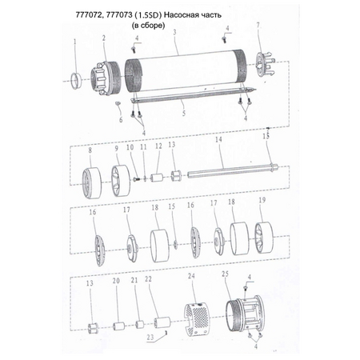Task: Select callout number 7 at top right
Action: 258,25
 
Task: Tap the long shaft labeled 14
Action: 233,170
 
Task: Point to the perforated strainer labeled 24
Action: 196,318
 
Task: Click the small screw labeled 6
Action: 118,102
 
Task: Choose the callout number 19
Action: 262,200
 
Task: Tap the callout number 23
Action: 150,337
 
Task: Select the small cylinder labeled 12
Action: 157,178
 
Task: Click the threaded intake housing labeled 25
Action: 243,314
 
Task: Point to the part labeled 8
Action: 91,183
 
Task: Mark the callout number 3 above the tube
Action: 175,33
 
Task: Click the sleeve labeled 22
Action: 162,322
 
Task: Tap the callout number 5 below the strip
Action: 184,113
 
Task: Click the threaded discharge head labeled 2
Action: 106,78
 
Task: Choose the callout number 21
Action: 134,280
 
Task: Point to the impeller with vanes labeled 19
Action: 264,238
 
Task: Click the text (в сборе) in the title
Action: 149,26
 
